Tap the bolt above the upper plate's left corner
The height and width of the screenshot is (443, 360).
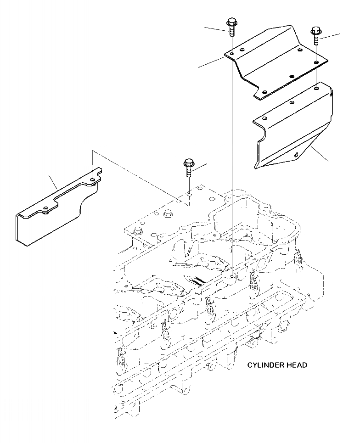tap(231, 27)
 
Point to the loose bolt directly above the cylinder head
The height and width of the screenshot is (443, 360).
tap(189, 167)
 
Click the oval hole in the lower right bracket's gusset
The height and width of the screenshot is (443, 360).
tap(297, 154)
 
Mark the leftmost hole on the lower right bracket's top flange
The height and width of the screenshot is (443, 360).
tap(263, 118)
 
